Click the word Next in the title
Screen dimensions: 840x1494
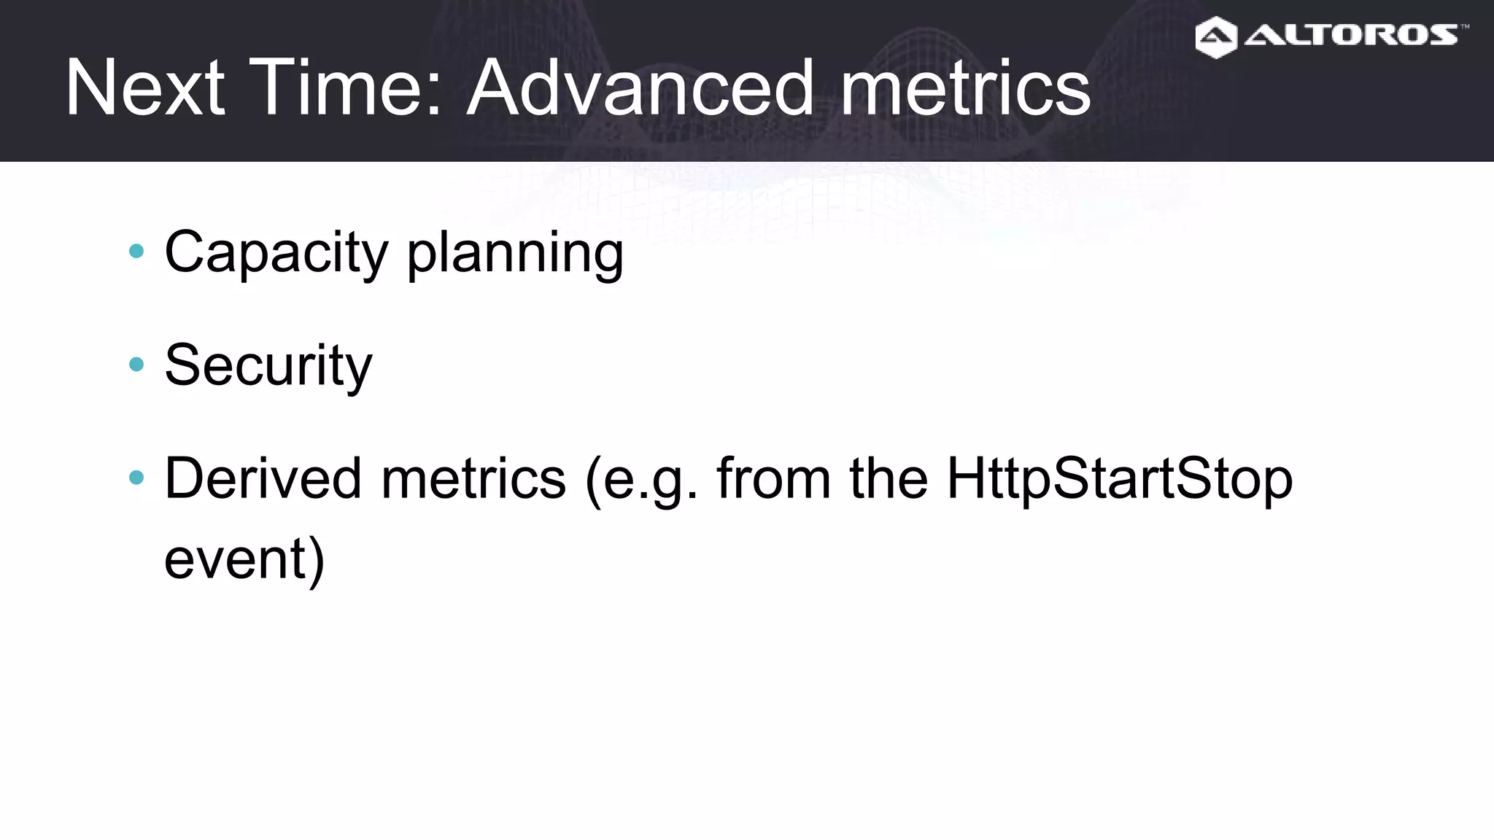tap(144, 88)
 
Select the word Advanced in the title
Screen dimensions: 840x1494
tap(640, 88)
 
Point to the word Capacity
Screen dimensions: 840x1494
tap(276, 253)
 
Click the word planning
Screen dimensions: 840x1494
tap(515, 253)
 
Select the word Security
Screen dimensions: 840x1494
tap(268, 365)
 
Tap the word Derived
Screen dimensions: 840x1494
tap(263, 478)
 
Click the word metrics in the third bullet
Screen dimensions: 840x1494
tap(473, 478)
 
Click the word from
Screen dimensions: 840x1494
tap(773, 478)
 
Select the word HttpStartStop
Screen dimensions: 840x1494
tap(1119, 480)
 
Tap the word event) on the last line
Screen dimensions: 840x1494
tap(244, 560)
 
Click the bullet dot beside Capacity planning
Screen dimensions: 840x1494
tap(136, 252)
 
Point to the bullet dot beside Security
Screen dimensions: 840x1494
tap(136, 364)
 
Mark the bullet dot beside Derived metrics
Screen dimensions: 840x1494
tap(136, 478)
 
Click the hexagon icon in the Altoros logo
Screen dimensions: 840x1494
tap(1216, 37)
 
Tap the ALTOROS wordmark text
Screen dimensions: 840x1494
tap(1350, 35)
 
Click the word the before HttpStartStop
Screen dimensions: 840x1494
tap(889, 478)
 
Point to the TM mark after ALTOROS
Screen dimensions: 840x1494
tap(1464, 27)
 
